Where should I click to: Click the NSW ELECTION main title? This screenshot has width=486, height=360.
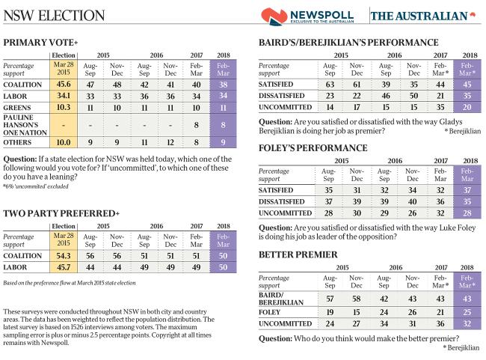(x=55, y=16)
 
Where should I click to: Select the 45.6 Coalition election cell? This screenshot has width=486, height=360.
(x=64, y=85)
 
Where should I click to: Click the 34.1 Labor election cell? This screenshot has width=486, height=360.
(x=64, y=96)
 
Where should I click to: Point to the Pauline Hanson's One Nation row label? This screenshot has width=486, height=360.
(x=25, y=125)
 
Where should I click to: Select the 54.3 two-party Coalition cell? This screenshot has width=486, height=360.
(x=64, y=255)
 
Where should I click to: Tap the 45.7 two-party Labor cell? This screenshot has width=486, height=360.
(x=64, y=266)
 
